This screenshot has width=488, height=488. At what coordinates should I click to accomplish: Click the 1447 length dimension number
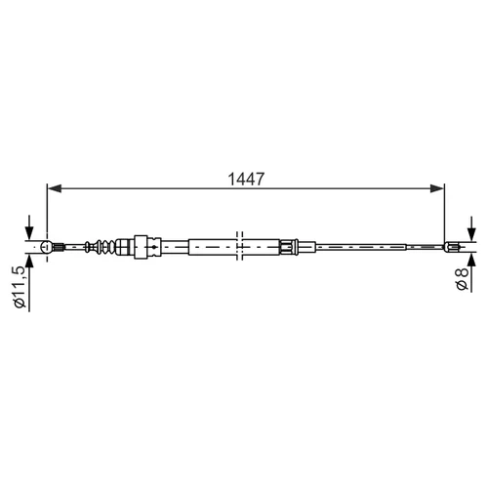click(246, 179)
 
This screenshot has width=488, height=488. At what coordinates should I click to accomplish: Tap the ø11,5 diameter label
click(20, 286)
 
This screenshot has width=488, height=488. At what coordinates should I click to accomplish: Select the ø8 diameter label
click(462, 278)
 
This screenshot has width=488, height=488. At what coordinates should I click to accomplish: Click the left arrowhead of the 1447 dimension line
click(55, 188)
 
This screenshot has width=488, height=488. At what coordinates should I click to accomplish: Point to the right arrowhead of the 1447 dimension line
click(437, 188)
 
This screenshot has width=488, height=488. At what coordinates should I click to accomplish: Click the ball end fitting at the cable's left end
click(47, 247)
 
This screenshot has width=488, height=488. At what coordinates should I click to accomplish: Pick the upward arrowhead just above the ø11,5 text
click(29, 261)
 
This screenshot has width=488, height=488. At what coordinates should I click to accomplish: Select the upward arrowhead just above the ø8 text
click(471, 260)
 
